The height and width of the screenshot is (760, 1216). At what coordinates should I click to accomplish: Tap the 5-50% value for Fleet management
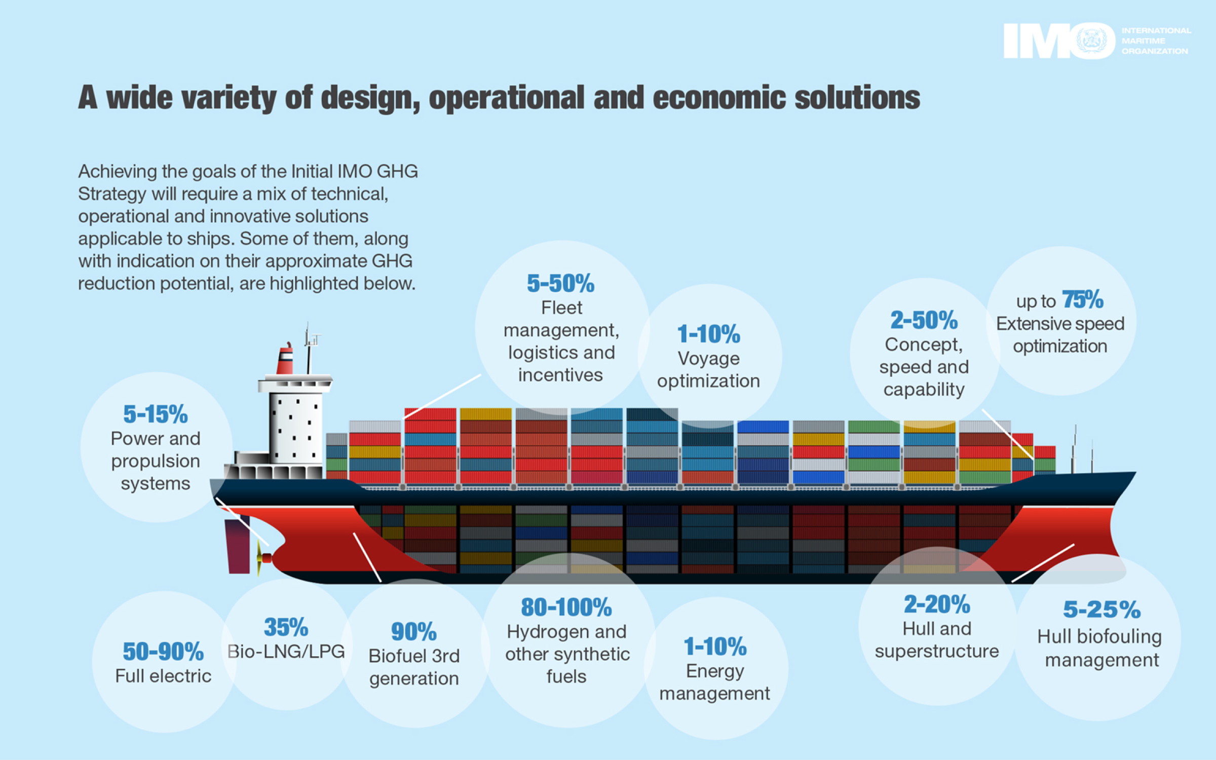point(560,283)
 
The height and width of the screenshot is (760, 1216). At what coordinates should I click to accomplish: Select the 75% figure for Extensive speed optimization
point(1083,299)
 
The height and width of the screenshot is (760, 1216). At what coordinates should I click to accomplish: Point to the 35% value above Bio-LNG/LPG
point(286,627)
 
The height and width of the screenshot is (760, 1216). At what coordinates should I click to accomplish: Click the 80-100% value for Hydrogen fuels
point(566,607)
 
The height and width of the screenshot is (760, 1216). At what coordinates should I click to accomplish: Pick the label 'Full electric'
point(163,676)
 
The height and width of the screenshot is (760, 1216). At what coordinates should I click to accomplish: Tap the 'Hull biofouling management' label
point(1099,648)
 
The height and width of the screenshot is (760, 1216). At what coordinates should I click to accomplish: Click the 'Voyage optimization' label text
point(708,369)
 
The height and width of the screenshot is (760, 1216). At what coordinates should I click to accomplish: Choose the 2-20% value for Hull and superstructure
point(937,604)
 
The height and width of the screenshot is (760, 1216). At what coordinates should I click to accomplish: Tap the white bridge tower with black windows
point(295,428)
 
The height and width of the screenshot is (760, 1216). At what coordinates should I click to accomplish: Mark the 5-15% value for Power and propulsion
point(156,414)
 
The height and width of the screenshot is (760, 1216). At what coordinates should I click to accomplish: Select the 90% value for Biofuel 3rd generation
point(413,631)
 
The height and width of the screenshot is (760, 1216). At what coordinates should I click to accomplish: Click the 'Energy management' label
point(714,682)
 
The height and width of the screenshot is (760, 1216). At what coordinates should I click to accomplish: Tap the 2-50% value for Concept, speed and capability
point(924,320)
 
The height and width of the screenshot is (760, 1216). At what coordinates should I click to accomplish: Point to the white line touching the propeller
point(243,522)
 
